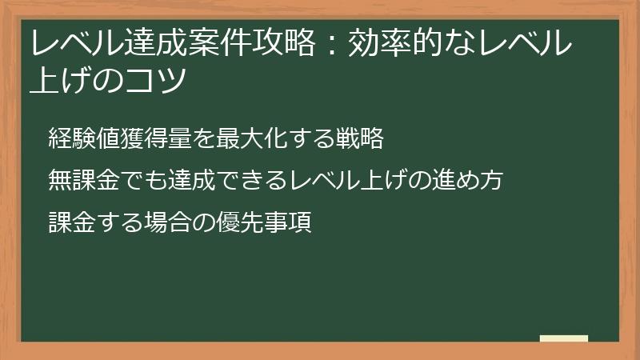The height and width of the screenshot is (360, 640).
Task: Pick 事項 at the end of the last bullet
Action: tap(286, 221)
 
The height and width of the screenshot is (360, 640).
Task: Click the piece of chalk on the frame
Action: tap(563, 339)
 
